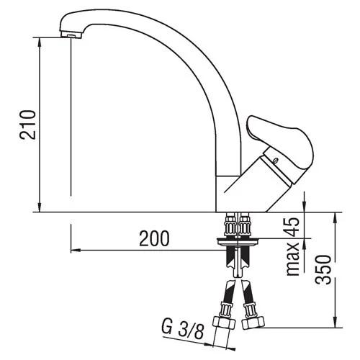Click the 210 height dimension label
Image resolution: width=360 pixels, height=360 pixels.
click(28, 125)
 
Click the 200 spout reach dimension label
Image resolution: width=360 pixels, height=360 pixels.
click(154, 238)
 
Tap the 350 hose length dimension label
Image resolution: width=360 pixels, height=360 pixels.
click(323, 269)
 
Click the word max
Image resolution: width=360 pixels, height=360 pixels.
click(293, 258)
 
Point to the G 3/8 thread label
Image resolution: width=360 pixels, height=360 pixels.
click(183, 328)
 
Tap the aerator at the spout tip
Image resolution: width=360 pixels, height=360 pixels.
click(71, 35)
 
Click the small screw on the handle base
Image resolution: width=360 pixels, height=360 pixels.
click(276, 160)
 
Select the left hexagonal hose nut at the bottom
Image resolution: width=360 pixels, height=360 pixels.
click(224, 323)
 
